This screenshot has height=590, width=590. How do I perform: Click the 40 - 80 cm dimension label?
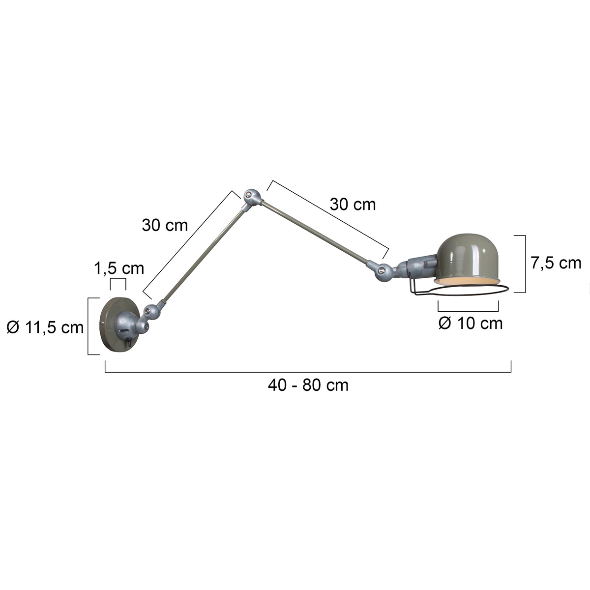[308, 385]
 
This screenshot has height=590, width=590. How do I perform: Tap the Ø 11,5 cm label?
[45, 326]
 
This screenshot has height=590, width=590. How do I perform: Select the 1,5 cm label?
[119, 268]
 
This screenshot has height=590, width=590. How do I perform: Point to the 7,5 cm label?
[556, 263]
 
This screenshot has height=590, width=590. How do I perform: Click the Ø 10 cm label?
[470, 324]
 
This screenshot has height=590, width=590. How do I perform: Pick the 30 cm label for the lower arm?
[165, 225]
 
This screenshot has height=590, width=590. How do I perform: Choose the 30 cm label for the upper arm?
[353, 204]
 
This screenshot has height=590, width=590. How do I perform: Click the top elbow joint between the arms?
[251, 196]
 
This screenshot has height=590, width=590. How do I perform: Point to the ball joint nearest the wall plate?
[151, 311]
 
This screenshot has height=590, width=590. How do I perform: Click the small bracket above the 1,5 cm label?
[118, 280]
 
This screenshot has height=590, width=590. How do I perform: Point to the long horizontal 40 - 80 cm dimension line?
[308, 373]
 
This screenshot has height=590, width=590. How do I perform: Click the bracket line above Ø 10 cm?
[468, 311]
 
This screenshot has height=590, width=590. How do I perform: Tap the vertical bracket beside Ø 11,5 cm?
[88, 326]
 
